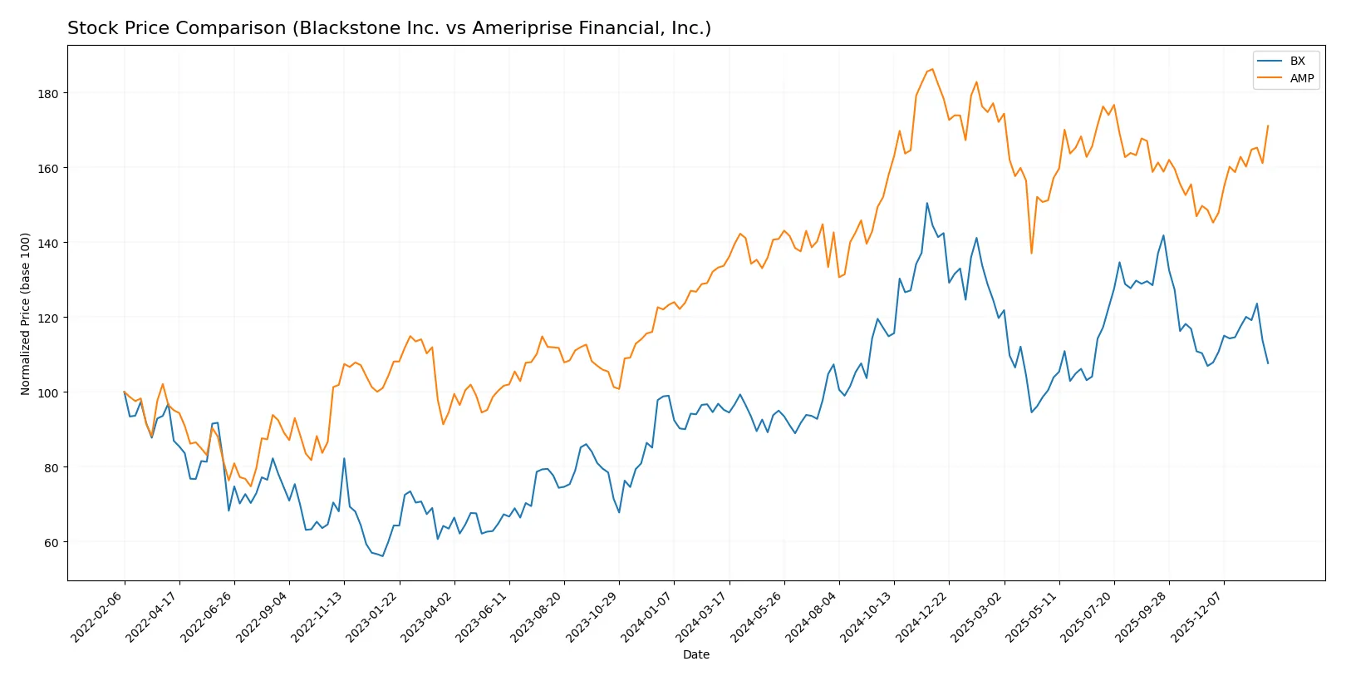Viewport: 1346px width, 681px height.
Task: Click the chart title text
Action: pos(389,28)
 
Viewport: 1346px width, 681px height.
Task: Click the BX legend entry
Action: pos(1296,61)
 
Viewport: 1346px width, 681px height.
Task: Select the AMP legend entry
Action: pos(1301,78)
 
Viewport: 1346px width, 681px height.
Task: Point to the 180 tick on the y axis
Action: pos(48,94)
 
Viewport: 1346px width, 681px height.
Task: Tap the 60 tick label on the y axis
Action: pos(52,543)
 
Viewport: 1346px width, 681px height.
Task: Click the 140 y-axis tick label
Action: pos(48,243)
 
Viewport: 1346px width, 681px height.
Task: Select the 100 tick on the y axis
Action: pos(48,392)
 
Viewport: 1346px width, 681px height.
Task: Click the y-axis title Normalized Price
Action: pos(25,313)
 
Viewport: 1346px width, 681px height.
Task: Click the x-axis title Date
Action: pos(695,654)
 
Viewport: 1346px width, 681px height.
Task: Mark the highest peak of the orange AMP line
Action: pos(932,69)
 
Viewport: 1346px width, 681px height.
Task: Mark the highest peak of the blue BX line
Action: pos(927,203)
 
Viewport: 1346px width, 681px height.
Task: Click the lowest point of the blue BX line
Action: pos(382,556)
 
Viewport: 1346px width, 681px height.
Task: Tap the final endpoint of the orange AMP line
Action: pos(1268,126)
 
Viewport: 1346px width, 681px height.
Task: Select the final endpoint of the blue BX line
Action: pos(1268,363)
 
